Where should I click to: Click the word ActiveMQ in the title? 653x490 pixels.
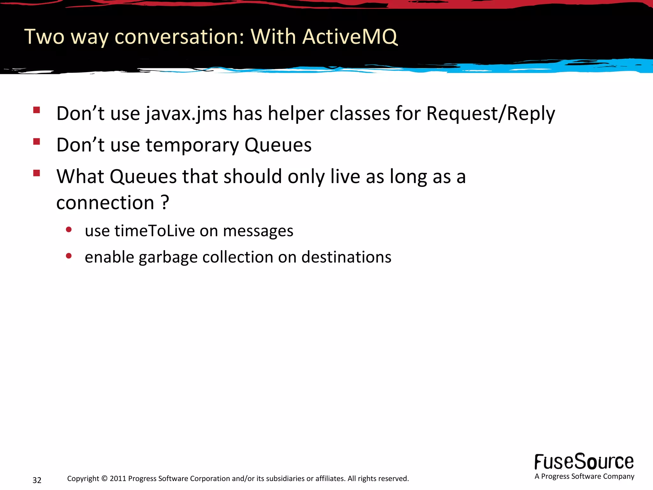(350, 37)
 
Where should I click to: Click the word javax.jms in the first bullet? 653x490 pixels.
(186, 114)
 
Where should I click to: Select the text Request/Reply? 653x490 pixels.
(490, 114)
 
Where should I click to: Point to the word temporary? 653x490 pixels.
(192, 145)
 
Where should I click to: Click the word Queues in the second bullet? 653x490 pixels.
(278, 145)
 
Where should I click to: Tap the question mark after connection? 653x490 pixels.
(165, 202)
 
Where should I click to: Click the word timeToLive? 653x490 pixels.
(155, 231)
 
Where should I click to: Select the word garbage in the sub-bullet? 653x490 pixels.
(168, 257)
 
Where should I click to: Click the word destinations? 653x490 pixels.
(346, 257)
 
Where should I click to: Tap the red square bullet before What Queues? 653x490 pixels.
(36, 173)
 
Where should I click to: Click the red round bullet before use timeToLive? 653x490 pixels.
(69, 229)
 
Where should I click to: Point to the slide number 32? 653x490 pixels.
(37, 480)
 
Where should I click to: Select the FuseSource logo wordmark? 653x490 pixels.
(584, 462)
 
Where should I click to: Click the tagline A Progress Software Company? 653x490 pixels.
(584, 476)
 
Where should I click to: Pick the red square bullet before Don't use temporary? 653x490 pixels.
(36, 142)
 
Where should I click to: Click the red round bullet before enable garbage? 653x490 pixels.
(69, 256)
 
